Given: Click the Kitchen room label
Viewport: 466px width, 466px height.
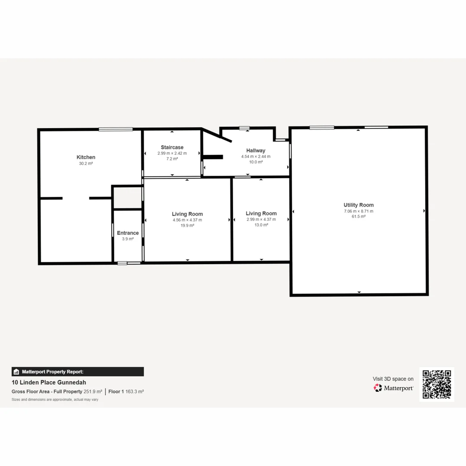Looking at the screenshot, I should click(86, 157).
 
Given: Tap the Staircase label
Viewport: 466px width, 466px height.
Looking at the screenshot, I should click(172, 147).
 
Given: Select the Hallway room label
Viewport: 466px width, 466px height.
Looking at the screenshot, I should click(256, 151).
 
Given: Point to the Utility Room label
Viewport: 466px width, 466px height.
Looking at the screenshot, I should click(359, 205).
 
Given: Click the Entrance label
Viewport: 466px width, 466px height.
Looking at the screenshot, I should click(128, 233).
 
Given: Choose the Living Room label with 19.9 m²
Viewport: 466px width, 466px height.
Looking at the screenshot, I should click(187, 214).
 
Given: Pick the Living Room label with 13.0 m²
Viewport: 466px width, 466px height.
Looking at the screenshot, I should click(261, 213).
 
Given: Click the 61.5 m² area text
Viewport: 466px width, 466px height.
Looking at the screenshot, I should click(359, 217).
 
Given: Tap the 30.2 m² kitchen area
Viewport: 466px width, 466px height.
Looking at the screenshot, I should click(86, 164).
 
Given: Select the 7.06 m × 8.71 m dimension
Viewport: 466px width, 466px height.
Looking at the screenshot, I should click(359, 211).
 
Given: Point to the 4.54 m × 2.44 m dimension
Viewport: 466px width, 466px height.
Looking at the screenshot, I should click(256, 157).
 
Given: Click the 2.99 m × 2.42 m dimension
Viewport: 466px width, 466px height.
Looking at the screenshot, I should click(172, 153).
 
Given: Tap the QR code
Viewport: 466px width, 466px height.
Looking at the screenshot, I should click(437, 384).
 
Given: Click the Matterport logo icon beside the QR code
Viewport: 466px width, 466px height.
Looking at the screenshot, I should click(378, 388).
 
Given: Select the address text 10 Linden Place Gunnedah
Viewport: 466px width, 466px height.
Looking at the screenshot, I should click(49, 382).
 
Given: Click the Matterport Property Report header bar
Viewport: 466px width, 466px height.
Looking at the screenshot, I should click(78, 372).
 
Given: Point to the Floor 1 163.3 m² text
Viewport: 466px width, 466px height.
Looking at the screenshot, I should click(126, 392).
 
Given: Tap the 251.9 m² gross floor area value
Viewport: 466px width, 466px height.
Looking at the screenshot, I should click(93, 392).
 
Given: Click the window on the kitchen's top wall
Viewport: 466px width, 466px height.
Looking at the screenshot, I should click(116, 129).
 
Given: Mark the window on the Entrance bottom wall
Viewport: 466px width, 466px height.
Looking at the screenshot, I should click(129, 263).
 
